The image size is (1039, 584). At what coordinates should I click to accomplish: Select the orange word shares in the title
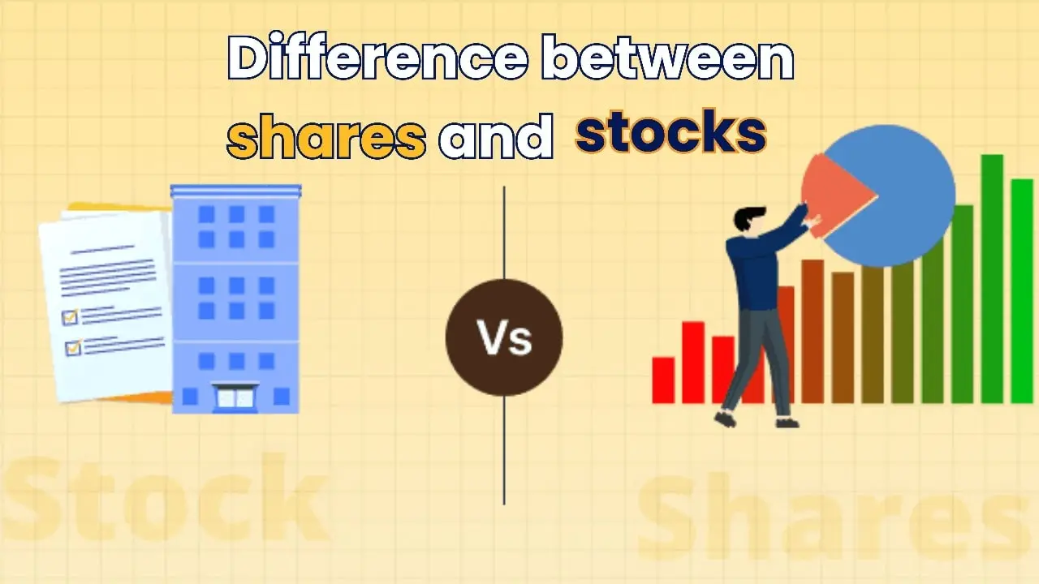[x=326, y=136]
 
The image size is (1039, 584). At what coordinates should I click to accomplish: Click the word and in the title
[x=495, y=136]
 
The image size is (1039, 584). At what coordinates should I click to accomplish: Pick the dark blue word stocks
[x=670, y=133]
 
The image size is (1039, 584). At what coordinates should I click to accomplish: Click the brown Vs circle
[x=504, y=337]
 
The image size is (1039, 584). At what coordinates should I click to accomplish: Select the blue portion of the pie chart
[x=901, y=195]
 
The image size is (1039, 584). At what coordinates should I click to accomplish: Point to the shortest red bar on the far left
[x=663, y=380]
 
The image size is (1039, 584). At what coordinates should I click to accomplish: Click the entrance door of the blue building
[x=235, y=397]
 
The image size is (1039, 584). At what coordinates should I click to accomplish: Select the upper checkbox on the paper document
[x=70, y=317]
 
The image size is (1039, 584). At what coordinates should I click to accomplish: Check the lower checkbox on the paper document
[x=74, y=347]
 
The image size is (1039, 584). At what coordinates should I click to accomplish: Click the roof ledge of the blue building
[x=235, y=191]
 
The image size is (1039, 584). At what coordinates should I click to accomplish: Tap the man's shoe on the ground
[x=787, y=422]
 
